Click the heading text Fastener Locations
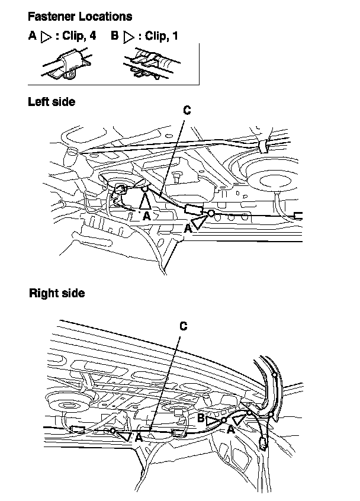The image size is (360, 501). (x=80, y=17)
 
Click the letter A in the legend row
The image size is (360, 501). (x=32, y=36)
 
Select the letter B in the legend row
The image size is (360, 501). (x=114, y=36)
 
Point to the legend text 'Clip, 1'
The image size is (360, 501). (x=159, y=36)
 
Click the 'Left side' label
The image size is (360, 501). (x=52, y=102)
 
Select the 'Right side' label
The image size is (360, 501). (x=57, y=293)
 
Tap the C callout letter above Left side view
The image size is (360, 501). (x=187, y=110)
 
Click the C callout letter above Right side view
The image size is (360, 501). (x=183, y=326)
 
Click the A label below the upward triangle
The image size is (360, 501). (x=146, y=217)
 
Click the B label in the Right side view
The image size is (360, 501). (x=201, y=418)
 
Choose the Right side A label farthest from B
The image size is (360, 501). (x=137, y=438)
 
